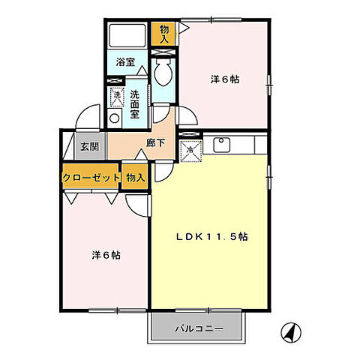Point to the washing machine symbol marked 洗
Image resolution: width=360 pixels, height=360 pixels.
pyautogui.click(x=116, y=96)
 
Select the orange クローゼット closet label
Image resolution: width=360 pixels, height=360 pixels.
pyautogui.click(x=91, y=177)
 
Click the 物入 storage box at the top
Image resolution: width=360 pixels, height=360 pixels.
pyautogui.click(x=165, y=34)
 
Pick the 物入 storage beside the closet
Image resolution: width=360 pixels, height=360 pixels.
pyautogui.click(x=135, y=177)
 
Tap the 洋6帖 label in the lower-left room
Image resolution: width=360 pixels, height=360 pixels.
pyautogui.click(x=104, y=254)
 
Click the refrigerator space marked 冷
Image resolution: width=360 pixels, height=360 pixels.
pyautogui.click(x=190, y=149)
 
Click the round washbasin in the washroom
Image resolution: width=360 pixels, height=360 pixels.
pyautogui.click(x=115, y=118)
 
